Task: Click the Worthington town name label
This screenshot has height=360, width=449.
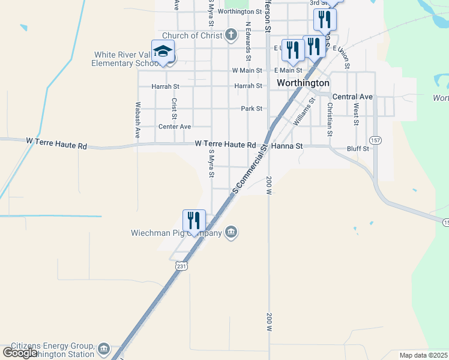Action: point(303,83)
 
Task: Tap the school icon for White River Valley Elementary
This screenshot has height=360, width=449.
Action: point(163,52)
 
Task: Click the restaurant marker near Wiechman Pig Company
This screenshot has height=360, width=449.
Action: point(194,221)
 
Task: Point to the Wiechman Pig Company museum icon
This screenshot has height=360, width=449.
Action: point(231,233)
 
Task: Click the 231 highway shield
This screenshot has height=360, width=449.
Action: point(182,266)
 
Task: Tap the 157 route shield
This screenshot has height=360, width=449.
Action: point(375,140)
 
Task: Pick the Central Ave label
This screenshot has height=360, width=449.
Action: point(352,97)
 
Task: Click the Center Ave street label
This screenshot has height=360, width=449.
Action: point(174,127)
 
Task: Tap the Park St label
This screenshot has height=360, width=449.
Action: point(252,109)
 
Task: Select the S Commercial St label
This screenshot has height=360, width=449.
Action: point(250,173)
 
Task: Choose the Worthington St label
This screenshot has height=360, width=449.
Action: point(240,11)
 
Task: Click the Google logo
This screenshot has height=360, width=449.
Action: point(20,352)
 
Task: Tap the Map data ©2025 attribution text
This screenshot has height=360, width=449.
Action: point(423,355)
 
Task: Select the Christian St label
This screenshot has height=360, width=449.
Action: point(330,114)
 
